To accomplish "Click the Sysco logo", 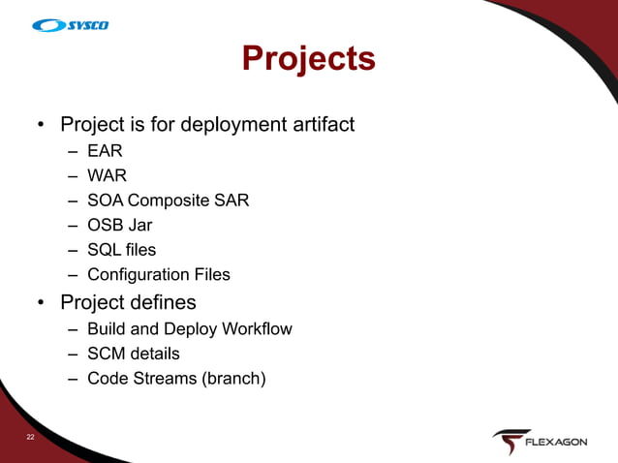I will (x=70, y=25).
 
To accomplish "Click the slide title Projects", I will (x=308, y=58).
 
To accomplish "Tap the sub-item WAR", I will (x=107, y=176).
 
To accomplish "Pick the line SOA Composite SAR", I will (x=168, y=201).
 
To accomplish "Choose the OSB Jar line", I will (x=119, y=226).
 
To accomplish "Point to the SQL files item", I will (x=121, y=250).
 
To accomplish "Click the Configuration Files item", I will (x=158, y=275).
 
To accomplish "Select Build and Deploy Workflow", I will (x=189, y=329).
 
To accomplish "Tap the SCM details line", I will (x=133, y=354).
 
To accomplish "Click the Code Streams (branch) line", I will (x=175, y=379).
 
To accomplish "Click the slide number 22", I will (x=31, y=439).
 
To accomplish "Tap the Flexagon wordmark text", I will (x=555, y=443).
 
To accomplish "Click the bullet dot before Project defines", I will (x=41, y=303).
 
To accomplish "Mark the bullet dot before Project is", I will (x=41, y=126).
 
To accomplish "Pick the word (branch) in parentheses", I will (x=232, y=379).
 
